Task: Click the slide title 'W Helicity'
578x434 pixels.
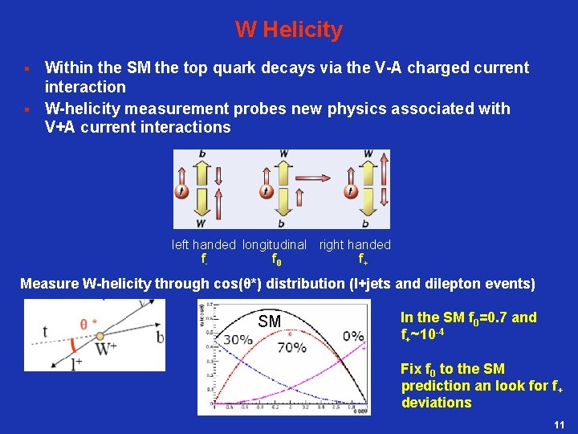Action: (289, 31)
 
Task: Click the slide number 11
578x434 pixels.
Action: (560, 424)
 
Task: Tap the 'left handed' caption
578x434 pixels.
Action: (204, 244)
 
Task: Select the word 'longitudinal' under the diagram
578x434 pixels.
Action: (275, 244)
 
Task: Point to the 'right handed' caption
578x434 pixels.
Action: (355, 244)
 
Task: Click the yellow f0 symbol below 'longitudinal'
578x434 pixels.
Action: (276, 260)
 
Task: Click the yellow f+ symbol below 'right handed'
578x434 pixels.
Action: (363, 260)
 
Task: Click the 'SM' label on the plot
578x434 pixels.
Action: (270, 322)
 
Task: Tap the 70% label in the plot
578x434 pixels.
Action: (291, 347)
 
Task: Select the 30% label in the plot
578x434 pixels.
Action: (238, 339)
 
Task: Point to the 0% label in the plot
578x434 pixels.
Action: (353, 336)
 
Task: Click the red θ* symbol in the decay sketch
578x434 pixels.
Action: (88, 323)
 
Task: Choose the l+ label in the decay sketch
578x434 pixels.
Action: (77, 364)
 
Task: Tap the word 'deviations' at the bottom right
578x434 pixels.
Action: (436, 403)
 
